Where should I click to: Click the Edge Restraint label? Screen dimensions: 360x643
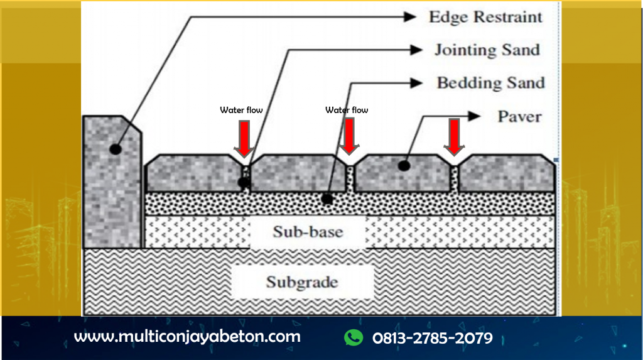(485, 17)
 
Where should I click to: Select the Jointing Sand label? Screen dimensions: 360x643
(487, 50)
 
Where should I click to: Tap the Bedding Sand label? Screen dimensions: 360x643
(490, 82)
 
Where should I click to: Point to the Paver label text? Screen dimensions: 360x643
(519, 116)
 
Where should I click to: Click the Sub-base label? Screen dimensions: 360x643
(308, 232)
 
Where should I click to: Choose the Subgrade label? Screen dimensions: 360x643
(301, 281)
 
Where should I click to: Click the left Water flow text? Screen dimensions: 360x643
(241, 110)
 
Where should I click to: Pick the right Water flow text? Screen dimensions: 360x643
(347, 110)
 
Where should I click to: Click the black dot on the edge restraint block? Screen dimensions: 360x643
(114, 150)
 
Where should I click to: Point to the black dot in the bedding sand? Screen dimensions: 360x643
(327, 200)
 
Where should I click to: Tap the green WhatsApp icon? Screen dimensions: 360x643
(354, 337)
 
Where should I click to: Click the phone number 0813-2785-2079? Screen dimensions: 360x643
(432, 338)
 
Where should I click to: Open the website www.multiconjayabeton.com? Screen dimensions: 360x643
(187, 336)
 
